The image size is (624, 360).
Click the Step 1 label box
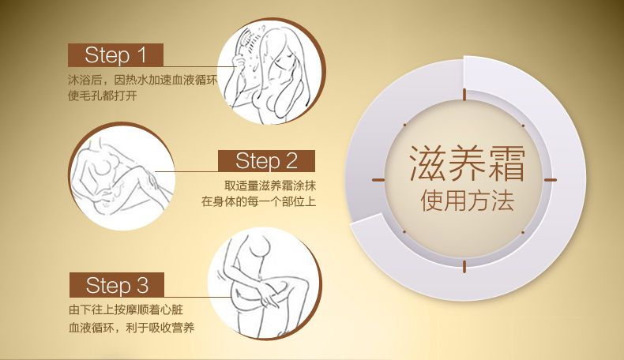115,55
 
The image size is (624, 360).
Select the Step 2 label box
266,161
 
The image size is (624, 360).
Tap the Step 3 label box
117,285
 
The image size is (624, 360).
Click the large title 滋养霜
467,164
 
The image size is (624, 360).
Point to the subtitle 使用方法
467,200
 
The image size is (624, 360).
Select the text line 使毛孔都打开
102,96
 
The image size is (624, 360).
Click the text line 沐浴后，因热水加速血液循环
143,80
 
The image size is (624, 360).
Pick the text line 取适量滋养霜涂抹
270,186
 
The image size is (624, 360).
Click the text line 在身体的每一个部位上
258,201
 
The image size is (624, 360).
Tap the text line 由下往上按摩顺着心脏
126,309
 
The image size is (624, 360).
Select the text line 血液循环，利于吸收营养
131,328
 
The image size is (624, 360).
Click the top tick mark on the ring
464,94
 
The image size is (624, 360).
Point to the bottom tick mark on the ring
464,266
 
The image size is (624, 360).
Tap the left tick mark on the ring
378,180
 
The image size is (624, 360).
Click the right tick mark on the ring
551,180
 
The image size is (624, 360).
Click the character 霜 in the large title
506,164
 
